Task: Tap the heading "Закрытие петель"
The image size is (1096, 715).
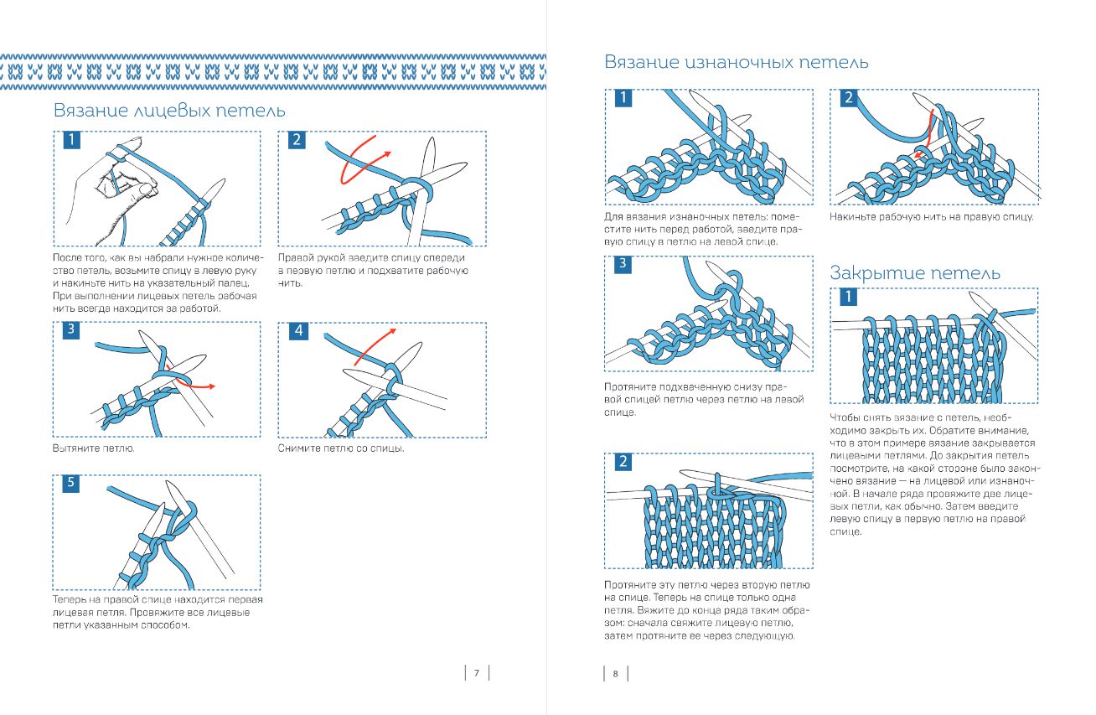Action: tap(915, 273)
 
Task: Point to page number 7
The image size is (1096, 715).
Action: tap(476, 673)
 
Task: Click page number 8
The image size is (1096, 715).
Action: tap(615, 673)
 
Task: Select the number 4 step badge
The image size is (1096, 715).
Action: tap(297, 331)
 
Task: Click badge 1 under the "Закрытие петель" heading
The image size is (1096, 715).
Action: tap(849, 297)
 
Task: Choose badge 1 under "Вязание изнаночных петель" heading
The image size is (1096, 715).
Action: tap(623, 99)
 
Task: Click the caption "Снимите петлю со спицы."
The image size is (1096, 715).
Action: tap(341, 448)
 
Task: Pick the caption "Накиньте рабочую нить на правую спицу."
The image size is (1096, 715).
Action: tap(931, 217)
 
